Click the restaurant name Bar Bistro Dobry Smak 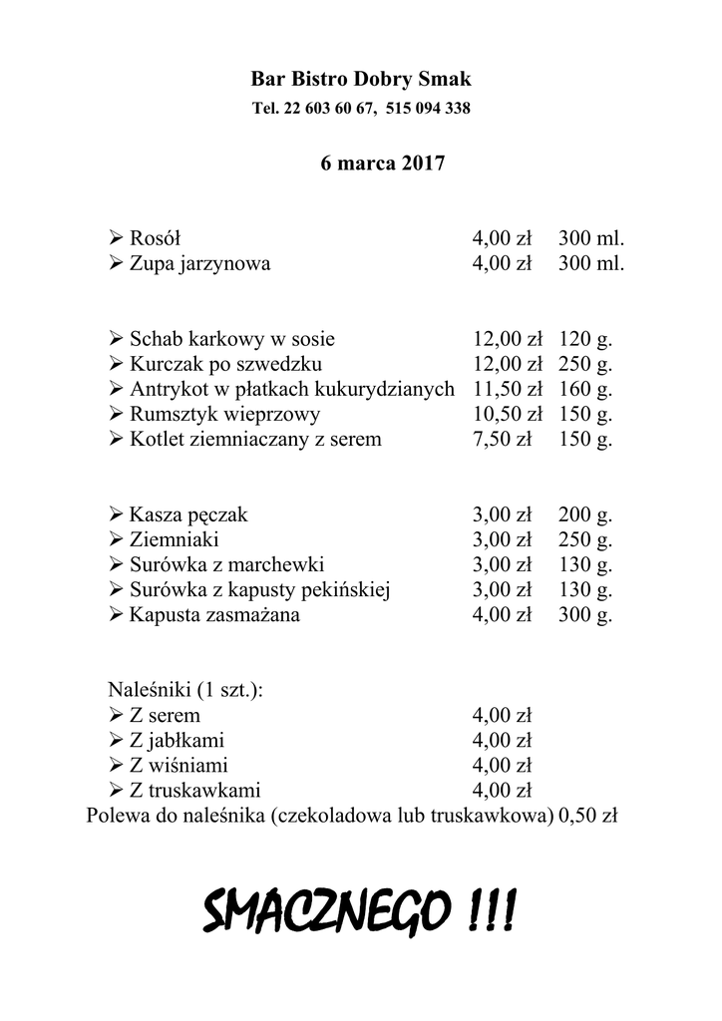(361, 78)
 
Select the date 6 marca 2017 (369, 163)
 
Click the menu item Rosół (156, 238)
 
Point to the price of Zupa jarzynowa (502, 264)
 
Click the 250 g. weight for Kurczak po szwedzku (585, 364)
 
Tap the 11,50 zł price (507, 389)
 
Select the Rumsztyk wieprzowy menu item (224, 414)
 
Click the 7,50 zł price (502, 439)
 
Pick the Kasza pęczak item (188, 515)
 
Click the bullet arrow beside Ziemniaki (115, 540)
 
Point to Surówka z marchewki (226, 565)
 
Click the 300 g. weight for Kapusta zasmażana (585, 614)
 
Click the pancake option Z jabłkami (177, 741)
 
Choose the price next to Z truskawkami (502, 792)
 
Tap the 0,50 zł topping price (588, 817)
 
